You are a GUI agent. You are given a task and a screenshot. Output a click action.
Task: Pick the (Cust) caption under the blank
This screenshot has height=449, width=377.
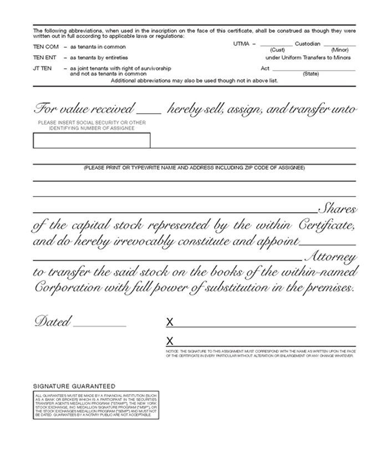point(277,49)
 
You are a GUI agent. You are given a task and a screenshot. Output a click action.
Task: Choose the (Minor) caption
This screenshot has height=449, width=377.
point(339,49)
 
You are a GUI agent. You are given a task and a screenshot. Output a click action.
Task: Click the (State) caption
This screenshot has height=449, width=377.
point(310,74)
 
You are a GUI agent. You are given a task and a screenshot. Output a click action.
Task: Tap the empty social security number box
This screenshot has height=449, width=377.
point(91,141)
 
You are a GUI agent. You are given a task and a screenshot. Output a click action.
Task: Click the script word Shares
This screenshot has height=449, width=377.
point(337,211)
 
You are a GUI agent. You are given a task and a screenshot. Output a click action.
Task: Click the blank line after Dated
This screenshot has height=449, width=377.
point(100,326)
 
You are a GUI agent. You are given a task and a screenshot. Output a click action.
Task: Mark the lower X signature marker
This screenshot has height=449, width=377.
point(170,340)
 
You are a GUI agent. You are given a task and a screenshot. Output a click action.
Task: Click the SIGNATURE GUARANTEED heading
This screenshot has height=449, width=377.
point(74,385)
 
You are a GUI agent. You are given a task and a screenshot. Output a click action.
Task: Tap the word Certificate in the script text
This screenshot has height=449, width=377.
point(325,227)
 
